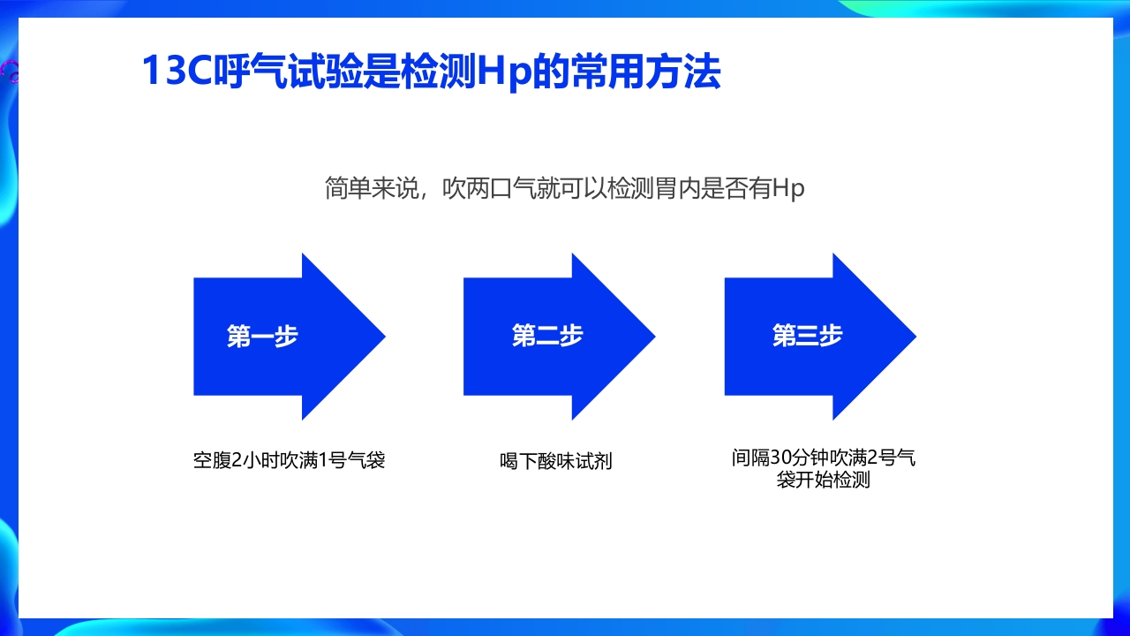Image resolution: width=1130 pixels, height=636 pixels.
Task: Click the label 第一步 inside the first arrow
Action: pos(262,337)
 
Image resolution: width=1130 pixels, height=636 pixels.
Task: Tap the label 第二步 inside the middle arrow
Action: pos(547,337)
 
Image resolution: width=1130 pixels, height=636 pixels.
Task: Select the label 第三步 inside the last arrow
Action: pos(807,337)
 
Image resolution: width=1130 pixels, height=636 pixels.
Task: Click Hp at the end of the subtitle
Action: pos(788,189)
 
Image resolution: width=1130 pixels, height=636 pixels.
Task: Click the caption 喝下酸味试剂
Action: pos(556,461)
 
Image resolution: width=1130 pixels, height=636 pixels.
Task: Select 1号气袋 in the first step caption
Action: pos(351,460)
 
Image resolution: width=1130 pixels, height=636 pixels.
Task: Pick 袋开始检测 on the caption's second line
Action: pos(824,481)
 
